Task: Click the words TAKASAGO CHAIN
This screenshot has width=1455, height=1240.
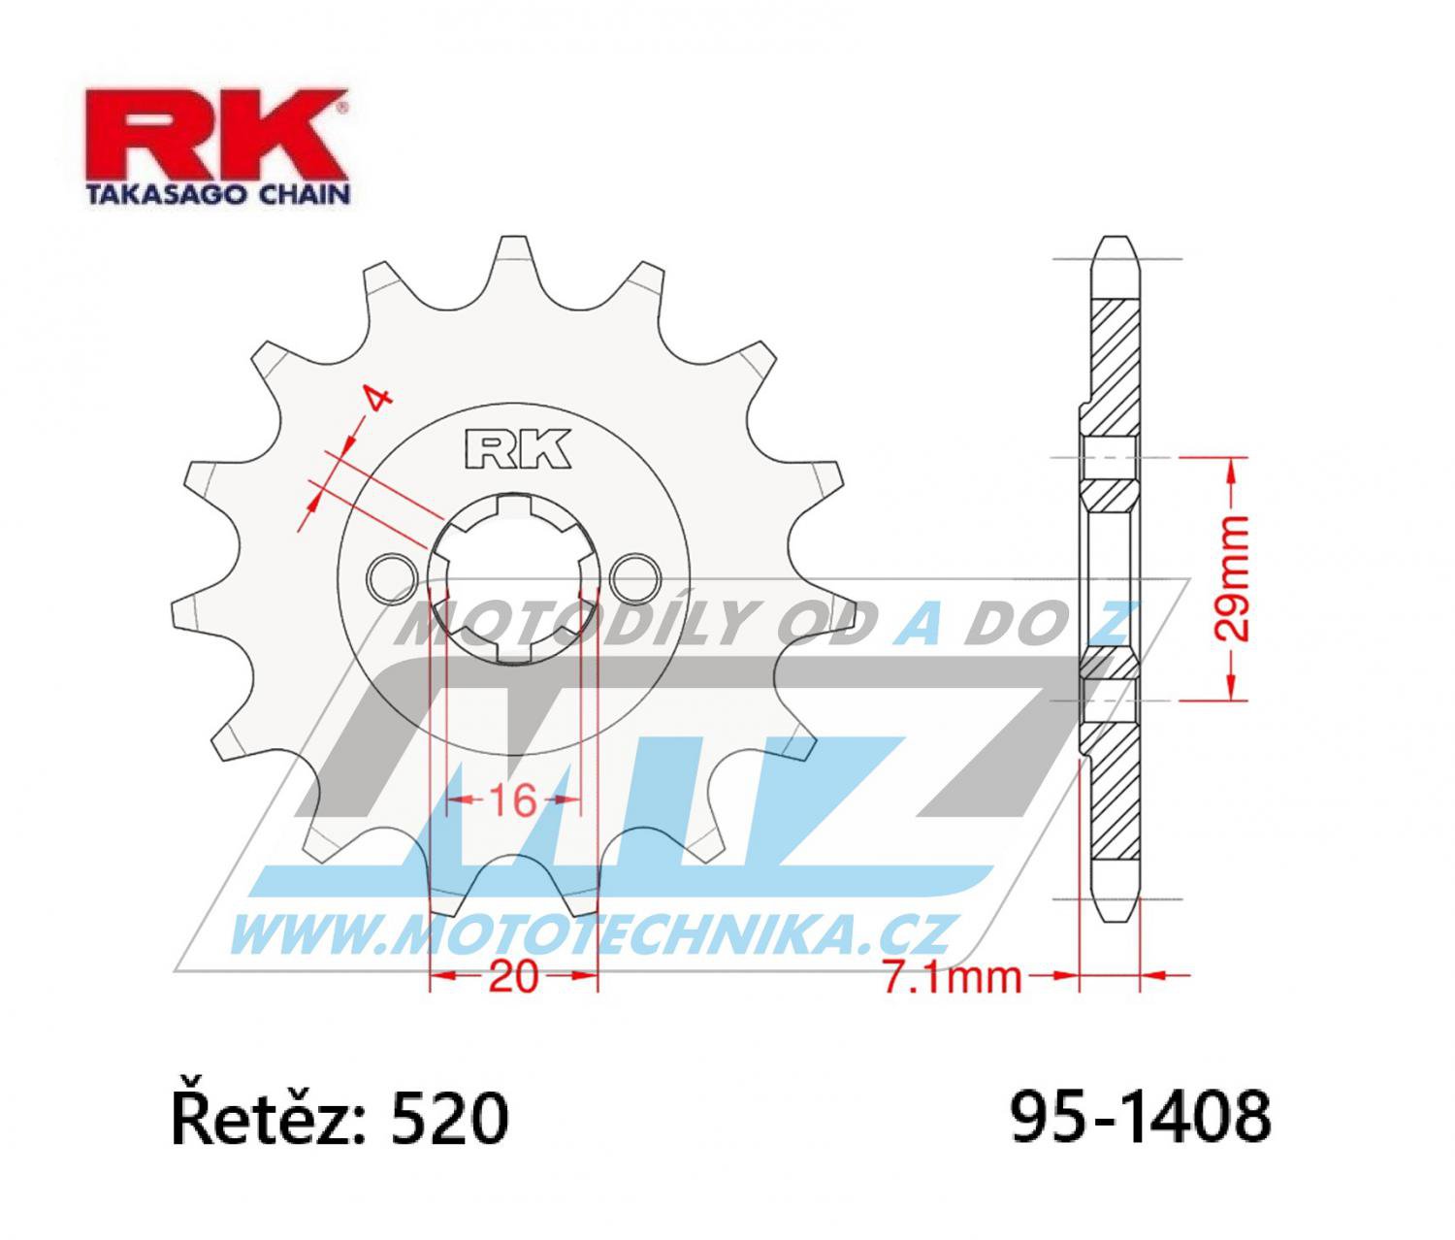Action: tap(217, 195)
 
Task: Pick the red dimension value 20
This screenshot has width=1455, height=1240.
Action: tap(513, 977)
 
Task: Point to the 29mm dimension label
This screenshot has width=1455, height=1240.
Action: tap(1233, 579)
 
